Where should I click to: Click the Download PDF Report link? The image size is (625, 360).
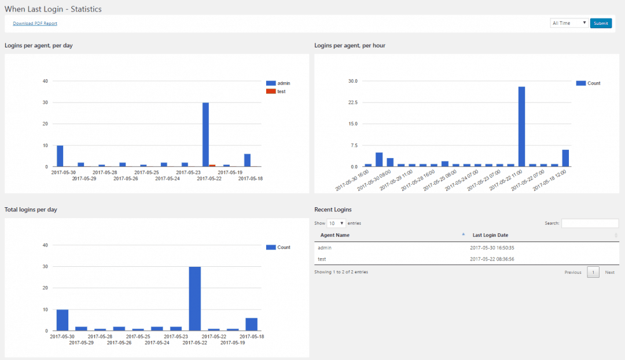[x=35, y=24]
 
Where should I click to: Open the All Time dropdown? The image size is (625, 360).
[x=569, y=23]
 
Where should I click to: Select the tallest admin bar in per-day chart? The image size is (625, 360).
[x=205, y=134]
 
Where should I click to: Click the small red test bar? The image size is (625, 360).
[x=212, y=166]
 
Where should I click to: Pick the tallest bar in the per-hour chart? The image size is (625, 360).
[x=521, y=126]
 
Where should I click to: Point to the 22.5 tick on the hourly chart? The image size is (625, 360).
[x=352, y=102]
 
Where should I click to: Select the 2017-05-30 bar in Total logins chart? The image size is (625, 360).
[x=62, y=320]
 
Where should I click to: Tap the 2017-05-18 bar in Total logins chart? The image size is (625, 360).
[x=251, y=324]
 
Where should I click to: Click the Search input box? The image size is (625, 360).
[x=590, y=223]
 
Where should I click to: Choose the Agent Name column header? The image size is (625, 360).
[x=335, y=235]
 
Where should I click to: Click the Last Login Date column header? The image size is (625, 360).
[x=490, y=235]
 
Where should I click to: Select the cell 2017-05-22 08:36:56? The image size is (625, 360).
[x=492, y=259]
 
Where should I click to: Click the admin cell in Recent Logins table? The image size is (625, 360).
[x=325, y=248]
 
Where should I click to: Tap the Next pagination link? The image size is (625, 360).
[x=609, y=272]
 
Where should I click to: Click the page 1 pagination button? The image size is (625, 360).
[x=593, y=272]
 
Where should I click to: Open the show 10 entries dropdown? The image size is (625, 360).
[x=336, y=223]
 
